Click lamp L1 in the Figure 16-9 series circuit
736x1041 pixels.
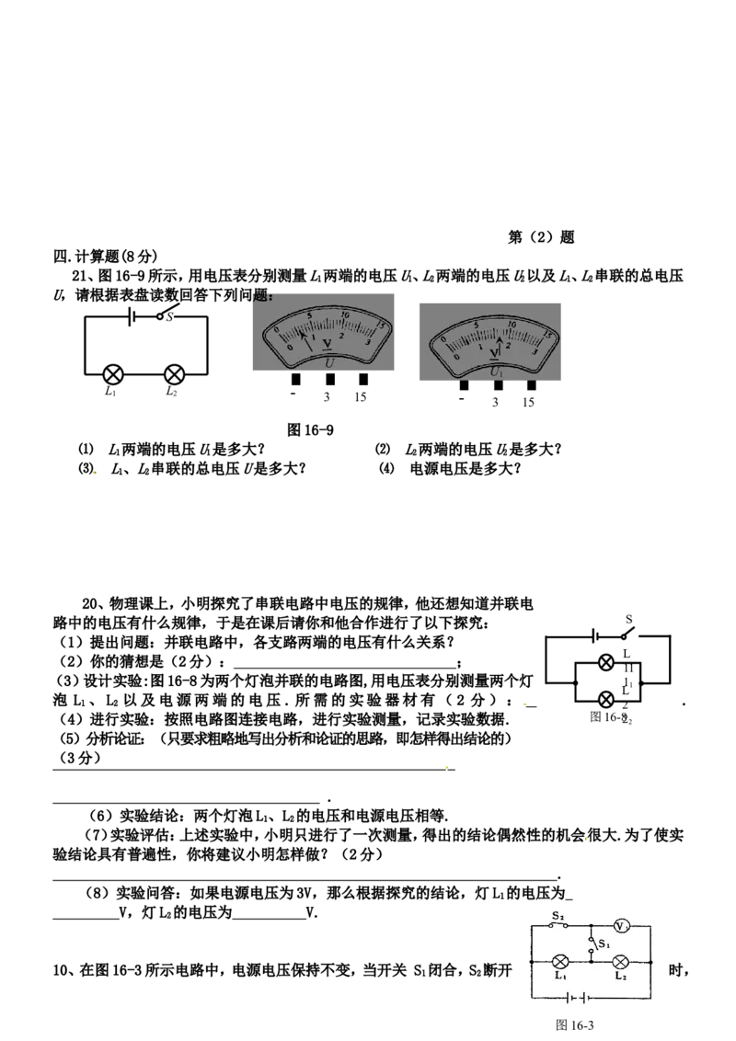coord(114,374)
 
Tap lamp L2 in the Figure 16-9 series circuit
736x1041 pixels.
coord(175,374)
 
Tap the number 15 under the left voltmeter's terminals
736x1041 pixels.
coord(360,397)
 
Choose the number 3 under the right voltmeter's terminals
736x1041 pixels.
coord(495,402)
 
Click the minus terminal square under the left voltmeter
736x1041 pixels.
coord(296,379)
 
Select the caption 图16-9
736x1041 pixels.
coord(310,430)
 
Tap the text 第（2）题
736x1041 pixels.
coord(541,237)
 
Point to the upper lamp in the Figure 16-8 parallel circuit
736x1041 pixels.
coord(605,662)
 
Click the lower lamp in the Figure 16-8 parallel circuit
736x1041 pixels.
coord(605,699)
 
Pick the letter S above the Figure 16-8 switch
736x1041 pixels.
coord(628,620)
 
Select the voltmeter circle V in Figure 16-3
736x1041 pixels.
coord(620,926)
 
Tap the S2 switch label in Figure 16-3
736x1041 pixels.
coord(558,916)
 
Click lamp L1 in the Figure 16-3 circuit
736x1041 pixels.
coord(560,961)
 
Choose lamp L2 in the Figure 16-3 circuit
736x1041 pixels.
coord(620,961)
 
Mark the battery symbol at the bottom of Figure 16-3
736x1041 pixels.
coord(577,998)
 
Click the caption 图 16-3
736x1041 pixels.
coord(575,1025)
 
